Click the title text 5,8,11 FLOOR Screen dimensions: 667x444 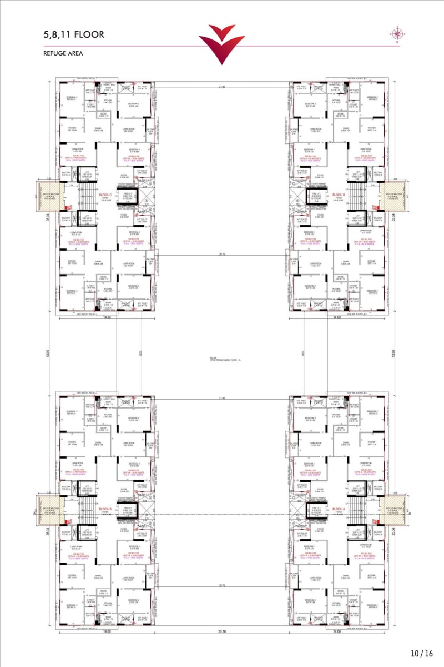tap(73, 34)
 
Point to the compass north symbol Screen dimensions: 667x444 tap(397, 34)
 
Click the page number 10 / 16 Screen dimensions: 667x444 tap(422, 654)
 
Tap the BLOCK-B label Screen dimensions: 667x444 tap(105, 509)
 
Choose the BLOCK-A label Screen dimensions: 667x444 tap(339, 509)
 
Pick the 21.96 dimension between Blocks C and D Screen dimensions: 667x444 tap(222, 87)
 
